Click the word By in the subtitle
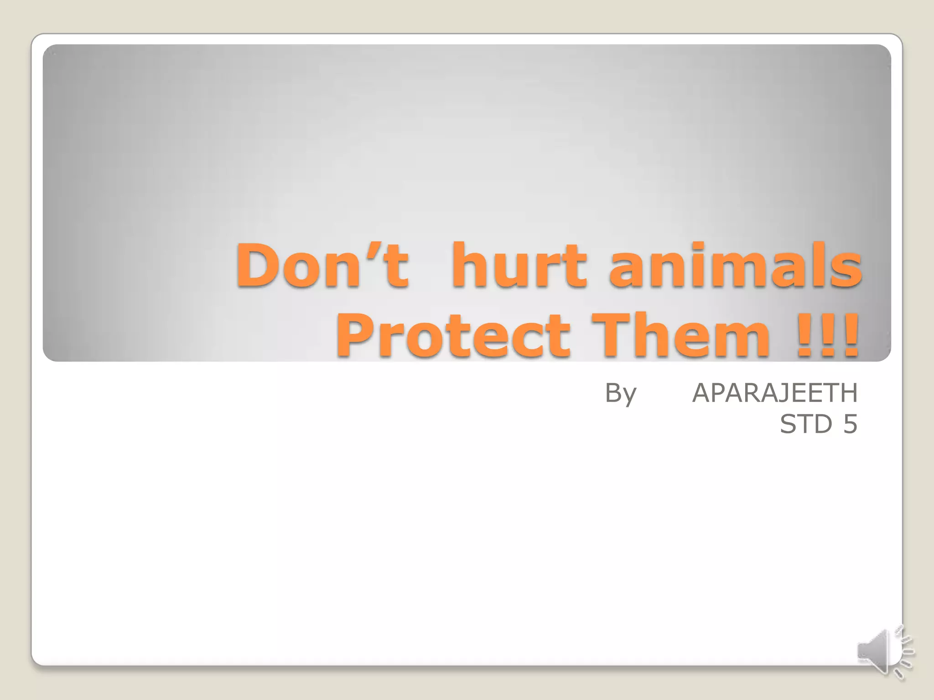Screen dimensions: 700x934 [x=620, y=393]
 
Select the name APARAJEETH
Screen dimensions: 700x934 [x=775, y=393]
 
